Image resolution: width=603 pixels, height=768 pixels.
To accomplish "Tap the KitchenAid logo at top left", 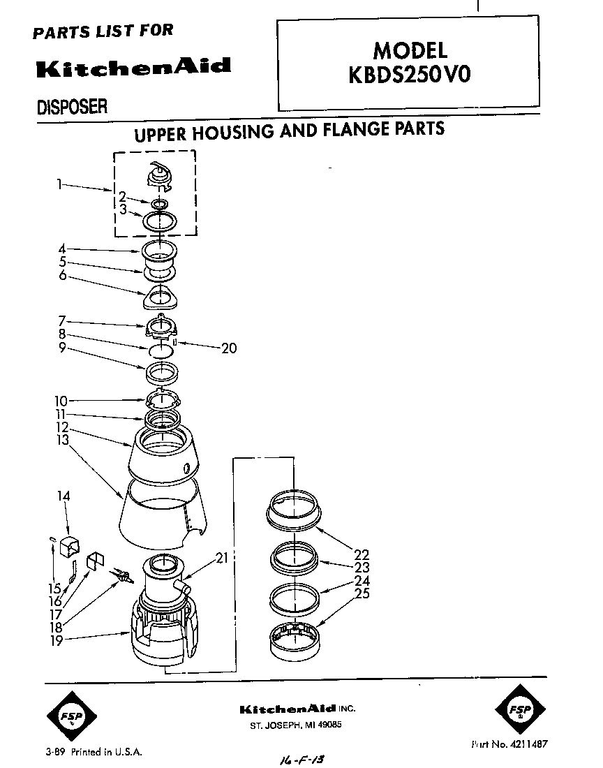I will (x=132, y=68).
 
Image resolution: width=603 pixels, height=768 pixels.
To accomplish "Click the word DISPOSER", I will (x=71, y=107).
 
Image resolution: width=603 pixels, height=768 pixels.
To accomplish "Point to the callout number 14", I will (x=64, y=496).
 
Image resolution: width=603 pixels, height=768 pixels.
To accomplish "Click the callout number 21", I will (x=222, y=557).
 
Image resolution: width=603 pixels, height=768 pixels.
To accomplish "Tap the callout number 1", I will (x=60, y=185).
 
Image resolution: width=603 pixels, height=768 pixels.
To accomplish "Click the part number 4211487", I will (x=520, y=744).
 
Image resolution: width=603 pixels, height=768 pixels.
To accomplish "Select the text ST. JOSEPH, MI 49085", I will (x=296, y=725).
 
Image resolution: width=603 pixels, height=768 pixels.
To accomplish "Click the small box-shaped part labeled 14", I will (x=71, y=545).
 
